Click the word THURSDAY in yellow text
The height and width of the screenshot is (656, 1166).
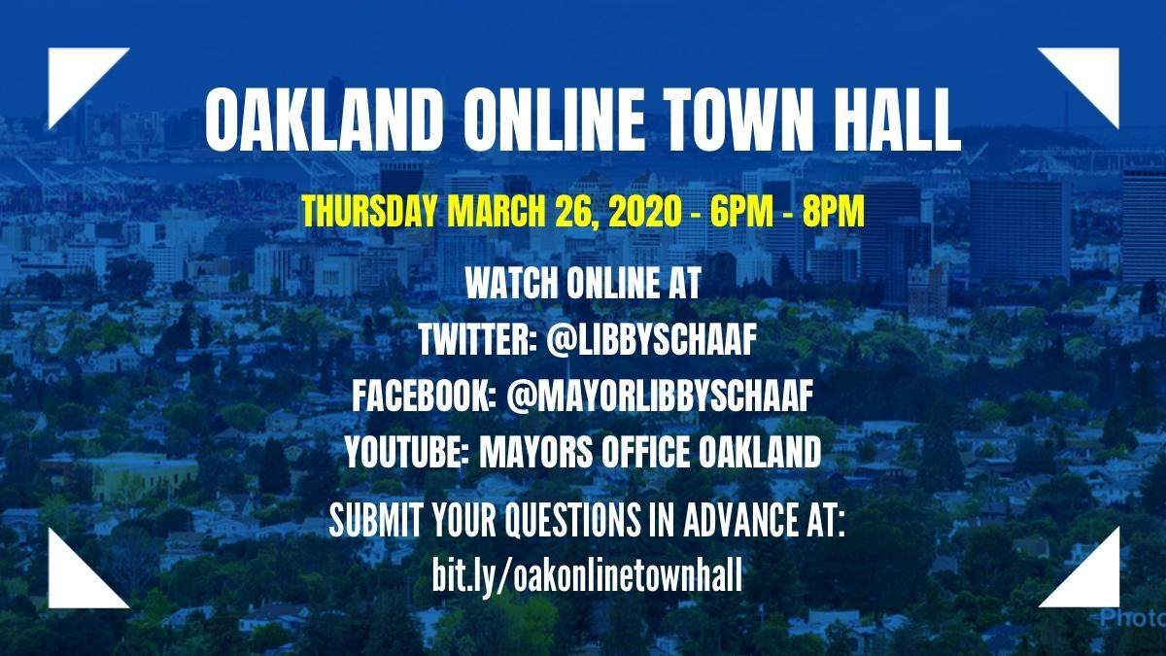point(370,213)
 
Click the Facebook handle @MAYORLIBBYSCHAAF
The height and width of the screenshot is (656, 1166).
point(659,397)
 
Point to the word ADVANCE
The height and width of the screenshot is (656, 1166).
point(739,520)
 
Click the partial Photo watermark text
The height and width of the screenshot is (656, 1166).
point(1133,618)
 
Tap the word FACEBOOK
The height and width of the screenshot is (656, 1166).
point(423,397)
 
